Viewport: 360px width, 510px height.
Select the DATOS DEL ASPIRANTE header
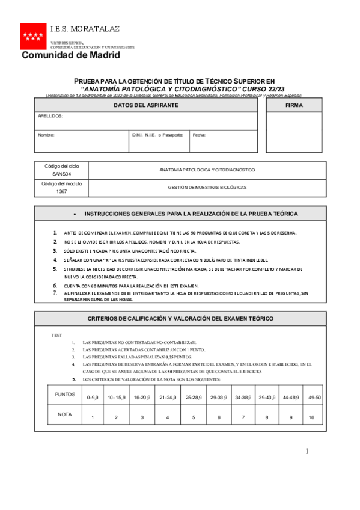click(x=146, y=105)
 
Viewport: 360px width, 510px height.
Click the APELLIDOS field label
click(x=50, y=115)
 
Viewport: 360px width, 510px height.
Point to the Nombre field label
click(x=46, y=135)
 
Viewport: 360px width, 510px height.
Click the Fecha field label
click(x=199, y=135)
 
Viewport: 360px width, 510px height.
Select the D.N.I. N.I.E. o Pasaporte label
click(x=157, y=135)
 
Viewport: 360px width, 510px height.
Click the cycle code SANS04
click(x=61, y=174)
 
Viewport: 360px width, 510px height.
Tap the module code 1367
click(x=61, y=192)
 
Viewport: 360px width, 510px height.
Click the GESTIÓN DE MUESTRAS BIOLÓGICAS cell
click(x=207, y=188)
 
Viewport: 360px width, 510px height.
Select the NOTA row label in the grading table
click(x=65, y=414)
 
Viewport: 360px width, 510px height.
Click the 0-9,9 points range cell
click(x=93, y=398)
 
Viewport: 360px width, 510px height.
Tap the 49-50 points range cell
click(x=314, y=398)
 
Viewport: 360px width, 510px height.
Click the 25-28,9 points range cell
click(x=194, y=398)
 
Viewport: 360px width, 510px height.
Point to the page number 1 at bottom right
click(x=307, y=451)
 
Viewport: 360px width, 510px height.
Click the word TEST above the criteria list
click(x=56, y=335)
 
